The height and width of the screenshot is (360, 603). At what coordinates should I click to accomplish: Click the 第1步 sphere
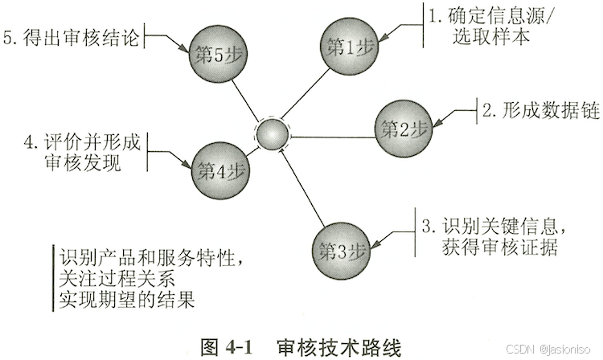(x=348, y=46)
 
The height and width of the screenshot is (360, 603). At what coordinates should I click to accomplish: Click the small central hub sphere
(x=272, y=134)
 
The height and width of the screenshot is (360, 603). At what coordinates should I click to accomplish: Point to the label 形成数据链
(x=540, y=110)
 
